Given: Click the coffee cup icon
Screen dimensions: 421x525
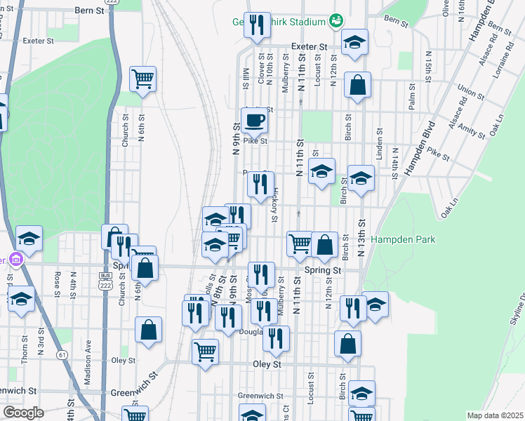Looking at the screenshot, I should click(254, 120).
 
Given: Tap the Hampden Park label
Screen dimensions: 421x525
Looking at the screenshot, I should click(404, 239).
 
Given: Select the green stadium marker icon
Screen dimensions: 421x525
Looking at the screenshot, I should click(335, 21).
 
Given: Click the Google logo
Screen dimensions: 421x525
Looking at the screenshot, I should click(23, 413).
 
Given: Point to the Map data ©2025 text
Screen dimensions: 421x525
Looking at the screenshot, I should click(496, 415).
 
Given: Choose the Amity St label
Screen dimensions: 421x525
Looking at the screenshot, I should click(472, 133).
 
